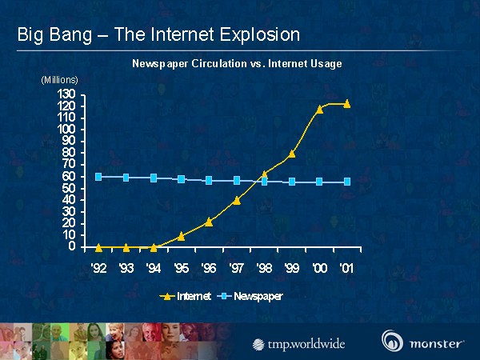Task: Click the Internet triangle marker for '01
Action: tap(347, 103)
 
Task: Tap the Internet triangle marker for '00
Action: tap(319, 109)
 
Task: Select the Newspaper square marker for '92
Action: tap(98, 177)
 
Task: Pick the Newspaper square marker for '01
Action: tap(347, 182)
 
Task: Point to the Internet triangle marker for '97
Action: tap(237, 200)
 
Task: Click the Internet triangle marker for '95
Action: tap(182, 236)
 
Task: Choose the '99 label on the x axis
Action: tap(292, 267)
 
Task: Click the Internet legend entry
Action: tap(185, 296)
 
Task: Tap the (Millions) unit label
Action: tap(60, 79)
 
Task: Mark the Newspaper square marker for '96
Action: tap(209, 180)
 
